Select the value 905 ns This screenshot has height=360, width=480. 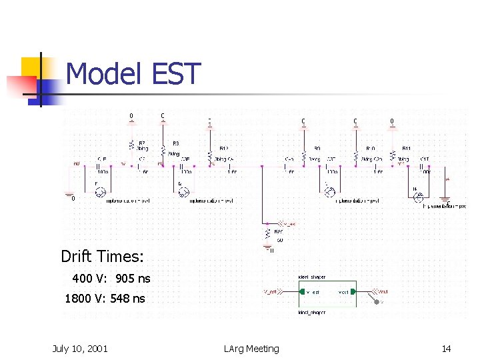(x=133, y=278)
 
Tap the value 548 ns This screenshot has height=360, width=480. (x=127, y=298)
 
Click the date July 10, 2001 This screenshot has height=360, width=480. (x=80, y=348)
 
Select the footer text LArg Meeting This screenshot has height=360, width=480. (x=252, y=348)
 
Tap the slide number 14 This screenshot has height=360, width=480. (x=447, y=348)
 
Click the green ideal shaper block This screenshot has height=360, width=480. (x=327, y=292)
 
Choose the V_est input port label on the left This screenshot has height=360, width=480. (x=272, y=291)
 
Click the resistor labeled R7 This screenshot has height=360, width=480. (x=131, y=145)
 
